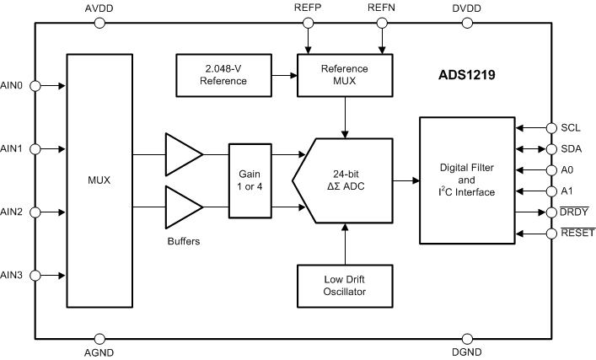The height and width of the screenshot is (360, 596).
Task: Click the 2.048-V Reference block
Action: click(223, 74)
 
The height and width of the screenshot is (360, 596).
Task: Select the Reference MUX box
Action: click(346, 73)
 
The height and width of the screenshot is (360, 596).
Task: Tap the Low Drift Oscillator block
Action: click(346, 286)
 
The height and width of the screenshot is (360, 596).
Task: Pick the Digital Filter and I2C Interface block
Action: click(465, 180)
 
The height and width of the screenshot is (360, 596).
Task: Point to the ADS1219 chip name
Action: click(466, 74)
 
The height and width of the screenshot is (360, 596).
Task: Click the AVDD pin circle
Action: click(100, 23)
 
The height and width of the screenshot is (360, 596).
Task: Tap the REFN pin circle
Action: click(384, 23)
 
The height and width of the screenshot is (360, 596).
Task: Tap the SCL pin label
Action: click(571, 128)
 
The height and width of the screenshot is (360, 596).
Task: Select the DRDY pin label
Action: click(576, 211)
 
